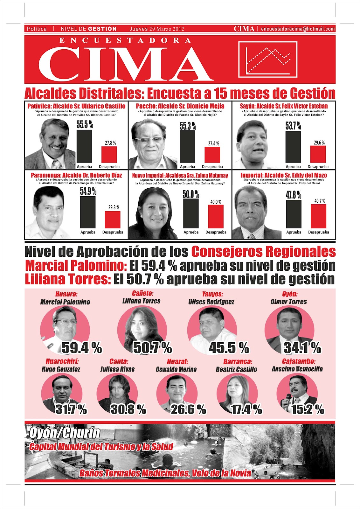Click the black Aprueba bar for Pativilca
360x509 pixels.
pyautogui.click(x=84, y=146)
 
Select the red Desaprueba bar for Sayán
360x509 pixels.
pyautogui.click(x=318, y=155)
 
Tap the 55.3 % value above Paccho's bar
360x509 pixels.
pyautogui.click(x=188, y=126)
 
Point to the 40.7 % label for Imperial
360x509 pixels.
pyautogui.click(x=320, y=201)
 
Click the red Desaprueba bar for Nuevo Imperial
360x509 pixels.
pyautogui.click(x=216, y=216)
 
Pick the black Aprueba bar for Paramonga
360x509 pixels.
pyautogui.click(x=88, y=213)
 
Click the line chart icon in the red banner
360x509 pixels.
pyautogui.click(x=268, y=59)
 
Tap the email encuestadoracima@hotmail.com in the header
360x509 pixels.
pyautogui.click(x=298, y=29)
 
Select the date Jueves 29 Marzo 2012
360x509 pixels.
pyautogui.click(x=157, y=29)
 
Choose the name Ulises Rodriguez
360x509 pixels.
pyautogui.click(x=211, y=302)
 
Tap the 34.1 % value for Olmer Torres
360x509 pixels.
pyautogui.click(x=302, y=348)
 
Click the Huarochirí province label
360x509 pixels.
pyautogui.click(x=62, y=361)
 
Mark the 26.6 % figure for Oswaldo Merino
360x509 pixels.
pyautogui.click(x=188, y=409)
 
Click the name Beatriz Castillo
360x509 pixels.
pyautogui.click(x=236, y=369)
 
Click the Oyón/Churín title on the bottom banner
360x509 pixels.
pyautogui.click(x=65, y=433)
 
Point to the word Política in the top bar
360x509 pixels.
pyautogui.click(x=37, y=29)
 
